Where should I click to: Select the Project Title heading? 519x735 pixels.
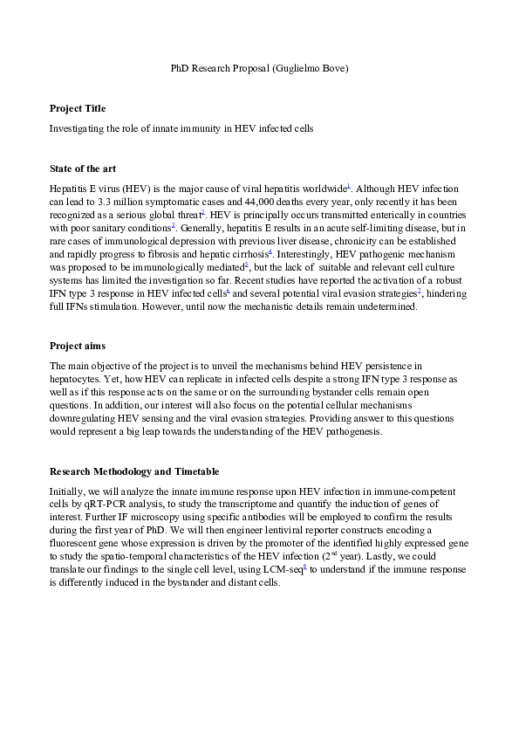(x=78, y=108)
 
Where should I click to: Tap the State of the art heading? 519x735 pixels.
(x=83, y=168)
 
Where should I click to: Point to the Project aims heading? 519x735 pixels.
(x=78, y=346)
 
